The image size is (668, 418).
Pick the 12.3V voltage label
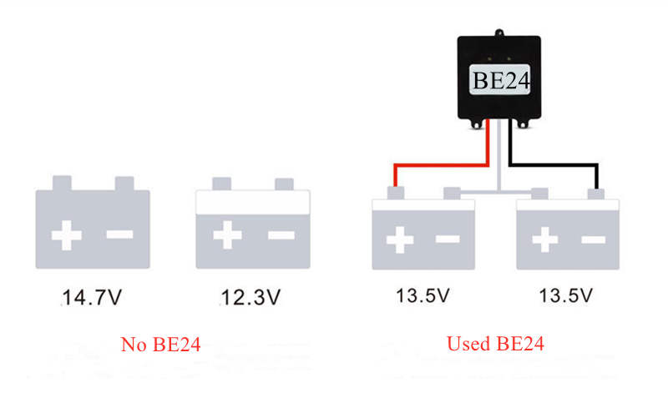click(x=250, y=296)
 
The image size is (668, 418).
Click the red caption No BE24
click(x=160, y=344)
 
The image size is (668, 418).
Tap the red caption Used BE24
click(x=495, y=344)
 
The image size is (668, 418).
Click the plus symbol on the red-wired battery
click(x=399, y=240)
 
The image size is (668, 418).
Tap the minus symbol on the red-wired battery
click(x=448, y=240)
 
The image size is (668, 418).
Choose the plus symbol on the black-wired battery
click(x=544, y=240)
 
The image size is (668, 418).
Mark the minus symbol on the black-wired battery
click(x=594, y=240)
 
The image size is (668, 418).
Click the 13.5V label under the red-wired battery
click(x=423, y=296)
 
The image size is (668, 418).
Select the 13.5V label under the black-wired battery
click(x=567, y=296)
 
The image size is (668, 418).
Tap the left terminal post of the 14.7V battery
click(x=62, y=184)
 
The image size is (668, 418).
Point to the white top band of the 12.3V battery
click(x=252, y=202)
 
